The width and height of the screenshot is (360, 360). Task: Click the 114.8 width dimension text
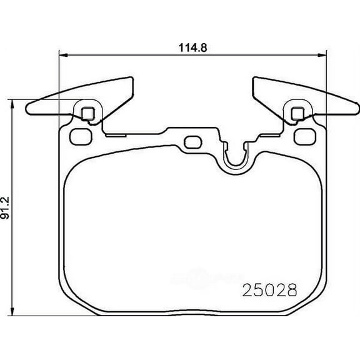tap(193, 47)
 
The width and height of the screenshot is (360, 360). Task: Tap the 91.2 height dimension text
tap(5, 207)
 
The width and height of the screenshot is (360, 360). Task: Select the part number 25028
tap(270, 290)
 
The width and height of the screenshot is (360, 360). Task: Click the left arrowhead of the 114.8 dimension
tap(63, 55)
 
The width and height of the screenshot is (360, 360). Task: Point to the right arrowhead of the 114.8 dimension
tap(322, 55)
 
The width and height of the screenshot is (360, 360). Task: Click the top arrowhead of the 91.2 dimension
tap(12, 104)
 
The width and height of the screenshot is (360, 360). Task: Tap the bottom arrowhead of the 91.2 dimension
tap(12, 311)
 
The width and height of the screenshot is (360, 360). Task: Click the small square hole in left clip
tap(87, 113)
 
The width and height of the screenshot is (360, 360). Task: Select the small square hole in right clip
tap(297, 113)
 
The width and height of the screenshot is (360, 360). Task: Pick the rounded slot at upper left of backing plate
tap(81, 137)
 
